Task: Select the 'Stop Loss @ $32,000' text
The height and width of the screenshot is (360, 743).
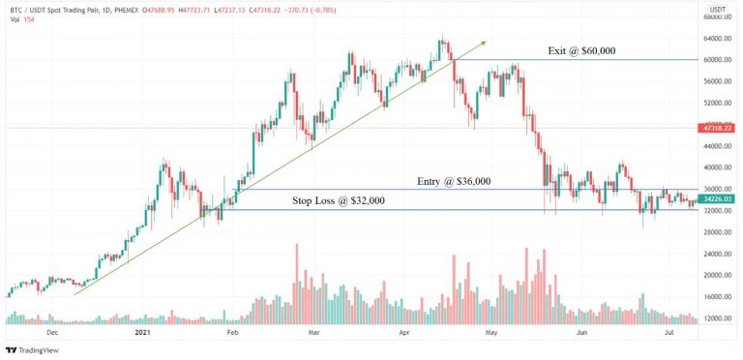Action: click(339, 200)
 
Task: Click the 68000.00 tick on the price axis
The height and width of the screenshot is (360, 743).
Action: click(717, 16)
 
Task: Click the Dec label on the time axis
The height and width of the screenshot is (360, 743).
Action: click(53, 332)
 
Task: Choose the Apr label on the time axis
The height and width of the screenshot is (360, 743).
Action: click(403, 332)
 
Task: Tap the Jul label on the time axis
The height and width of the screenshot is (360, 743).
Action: click(669, 332)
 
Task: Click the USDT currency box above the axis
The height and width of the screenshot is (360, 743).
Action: click(717, 7)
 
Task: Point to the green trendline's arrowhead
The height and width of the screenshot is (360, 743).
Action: click(484, 43)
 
